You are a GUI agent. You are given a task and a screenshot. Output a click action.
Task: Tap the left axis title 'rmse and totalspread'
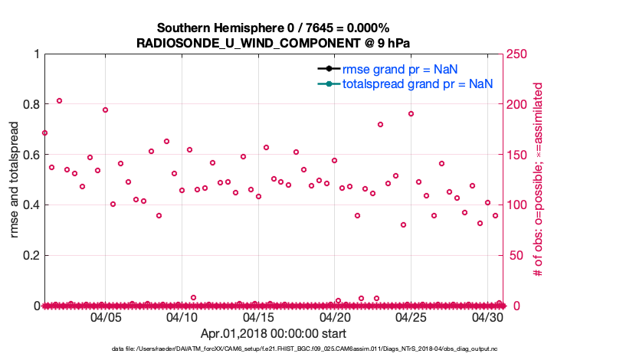pyautogui.click(x=15, y=180)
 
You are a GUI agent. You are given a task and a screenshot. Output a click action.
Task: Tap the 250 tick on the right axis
pyautogui.click(x=518, y=54)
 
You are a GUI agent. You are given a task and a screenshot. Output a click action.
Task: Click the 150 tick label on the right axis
pyautogui.click(x=518, y=155)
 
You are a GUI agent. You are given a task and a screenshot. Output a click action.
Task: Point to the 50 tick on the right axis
pyautogui.click(x=515, y=255)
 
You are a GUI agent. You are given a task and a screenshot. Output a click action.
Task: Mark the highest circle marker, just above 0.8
pyautogui.click(x=59, y=100)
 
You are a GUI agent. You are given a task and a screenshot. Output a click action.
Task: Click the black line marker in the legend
pyautogui.click(x=326, y=69)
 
